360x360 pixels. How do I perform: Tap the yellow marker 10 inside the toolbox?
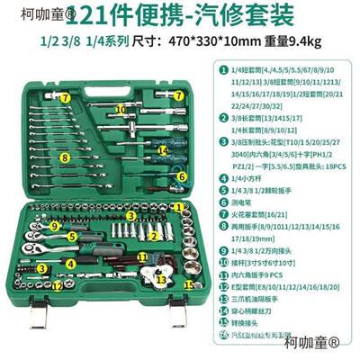[x=120, y=109]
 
